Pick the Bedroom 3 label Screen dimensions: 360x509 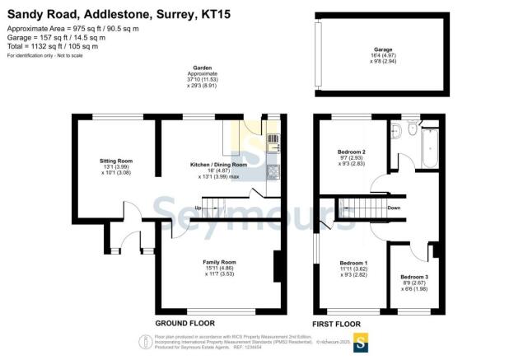414,277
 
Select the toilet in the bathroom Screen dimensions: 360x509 396,129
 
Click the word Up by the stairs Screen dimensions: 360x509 198,208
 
